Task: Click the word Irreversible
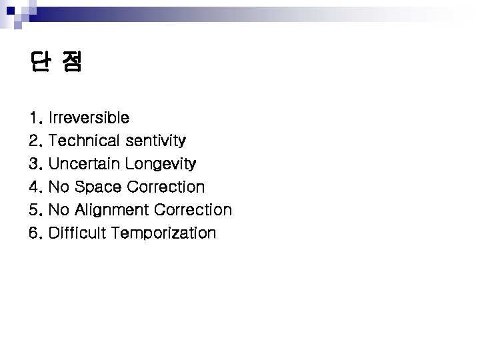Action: [x=89, y=118]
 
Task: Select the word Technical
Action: [x=84, y=141]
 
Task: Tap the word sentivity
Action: [x=155, y=141]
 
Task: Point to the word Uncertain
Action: [x=85, y=163]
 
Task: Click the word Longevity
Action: [x=161, y=163]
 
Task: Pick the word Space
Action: [x=97, y=187]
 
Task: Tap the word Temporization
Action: [x=164, y=233]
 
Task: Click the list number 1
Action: [x=34, y=119]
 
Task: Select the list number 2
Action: [x=35, y=141]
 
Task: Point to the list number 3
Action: [x=35, y=164]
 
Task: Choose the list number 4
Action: [x=35, y=187]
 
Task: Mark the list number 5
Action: [x=35, y=210]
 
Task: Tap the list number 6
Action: [x=35, y=233]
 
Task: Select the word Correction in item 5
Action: [x=193, y=210]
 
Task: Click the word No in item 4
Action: [x=59, y=187]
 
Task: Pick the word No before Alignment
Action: [x=59, y=210]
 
